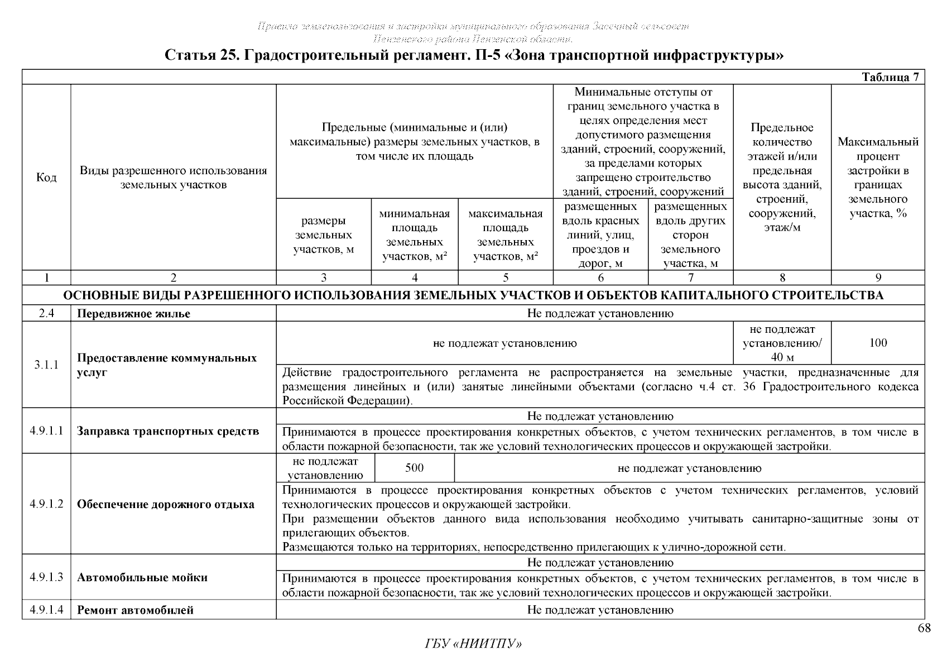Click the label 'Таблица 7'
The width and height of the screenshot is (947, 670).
pyautogui.click(x=890, y=78)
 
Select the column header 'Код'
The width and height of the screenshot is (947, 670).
pyautogui.click(x=46, y=178)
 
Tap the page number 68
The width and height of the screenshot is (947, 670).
pyautogui.click(x=924, y=629)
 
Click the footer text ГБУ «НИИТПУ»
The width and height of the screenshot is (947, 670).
pyautogui.click(x=473, y=644)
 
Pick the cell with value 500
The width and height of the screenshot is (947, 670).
pyautogui.click(x=414, y=468)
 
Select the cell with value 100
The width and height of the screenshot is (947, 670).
pyautogui.click(x=878, y=343)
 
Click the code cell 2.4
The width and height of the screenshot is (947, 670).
pyautogui.click(x=46, y=313)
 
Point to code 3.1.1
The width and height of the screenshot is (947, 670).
pyautogui.click(x=46, y=365)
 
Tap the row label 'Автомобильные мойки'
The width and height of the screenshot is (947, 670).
pyautogui.click(x=142, y=577)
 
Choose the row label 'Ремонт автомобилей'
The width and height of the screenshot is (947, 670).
pyautogui.click(x=135, y=610)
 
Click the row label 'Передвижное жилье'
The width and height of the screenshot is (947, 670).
pyautogui.click(x=133, y=314)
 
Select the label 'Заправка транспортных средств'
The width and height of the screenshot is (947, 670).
pyautogui.click(x=168, y=431)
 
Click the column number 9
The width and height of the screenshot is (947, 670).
pyautogui.click(x=878, y=277)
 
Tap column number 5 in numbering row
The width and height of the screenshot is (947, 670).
pyautogui.click(x=506, y=277)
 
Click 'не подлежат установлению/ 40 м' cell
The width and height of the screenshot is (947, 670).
pyautogui.click(x=782, y=343)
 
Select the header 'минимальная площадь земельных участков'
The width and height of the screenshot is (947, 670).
pyautogui.click(x=414, y=235)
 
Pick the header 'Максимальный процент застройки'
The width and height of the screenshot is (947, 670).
pyautogui.click(x=878, y=178)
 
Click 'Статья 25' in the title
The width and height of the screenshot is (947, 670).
pyautogui.click(x=200, y=56)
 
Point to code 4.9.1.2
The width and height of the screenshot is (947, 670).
pyautogui.click(x=46, y=504)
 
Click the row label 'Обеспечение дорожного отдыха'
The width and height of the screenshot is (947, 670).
pyautogui.click(x=165, y=505)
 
